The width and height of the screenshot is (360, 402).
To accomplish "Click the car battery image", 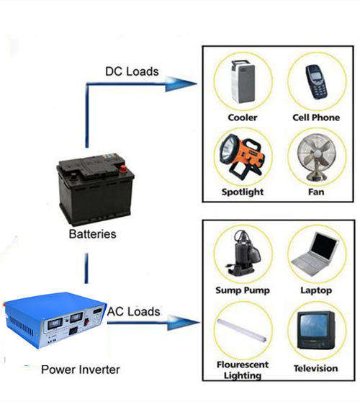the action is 95,189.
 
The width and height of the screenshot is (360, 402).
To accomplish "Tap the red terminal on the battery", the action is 124,169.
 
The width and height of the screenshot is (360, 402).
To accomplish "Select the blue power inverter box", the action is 55,320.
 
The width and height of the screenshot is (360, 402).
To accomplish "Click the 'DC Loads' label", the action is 132,71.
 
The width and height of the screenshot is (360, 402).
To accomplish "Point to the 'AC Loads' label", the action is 133,311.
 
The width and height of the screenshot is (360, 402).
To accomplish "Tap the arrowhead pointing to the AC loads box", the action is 184,323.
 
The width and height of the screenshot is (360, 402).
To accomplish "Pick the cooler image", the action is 243,81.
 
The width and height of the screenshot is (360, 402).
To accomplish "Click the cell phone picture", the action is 317,82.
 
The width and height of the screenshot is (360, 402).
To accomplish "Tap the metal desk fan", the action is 316,157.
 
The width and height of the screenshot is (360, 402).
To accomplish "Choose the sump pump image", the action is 243,253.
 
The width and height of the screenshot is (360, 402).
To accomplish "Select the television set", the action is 316,330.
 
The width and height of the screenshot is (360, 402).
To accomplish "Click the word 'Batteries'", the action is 92,234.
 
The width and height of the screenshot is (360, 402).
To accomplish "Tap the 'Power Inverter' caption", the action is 81,370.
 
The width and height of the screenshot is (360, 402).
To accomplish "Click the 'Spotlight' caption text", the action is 243,192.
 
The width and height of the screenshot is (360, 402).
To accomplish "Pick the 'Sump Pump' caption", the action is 243,290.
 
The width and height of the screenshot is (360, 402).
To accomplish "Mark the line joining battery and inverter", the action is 86,269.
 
